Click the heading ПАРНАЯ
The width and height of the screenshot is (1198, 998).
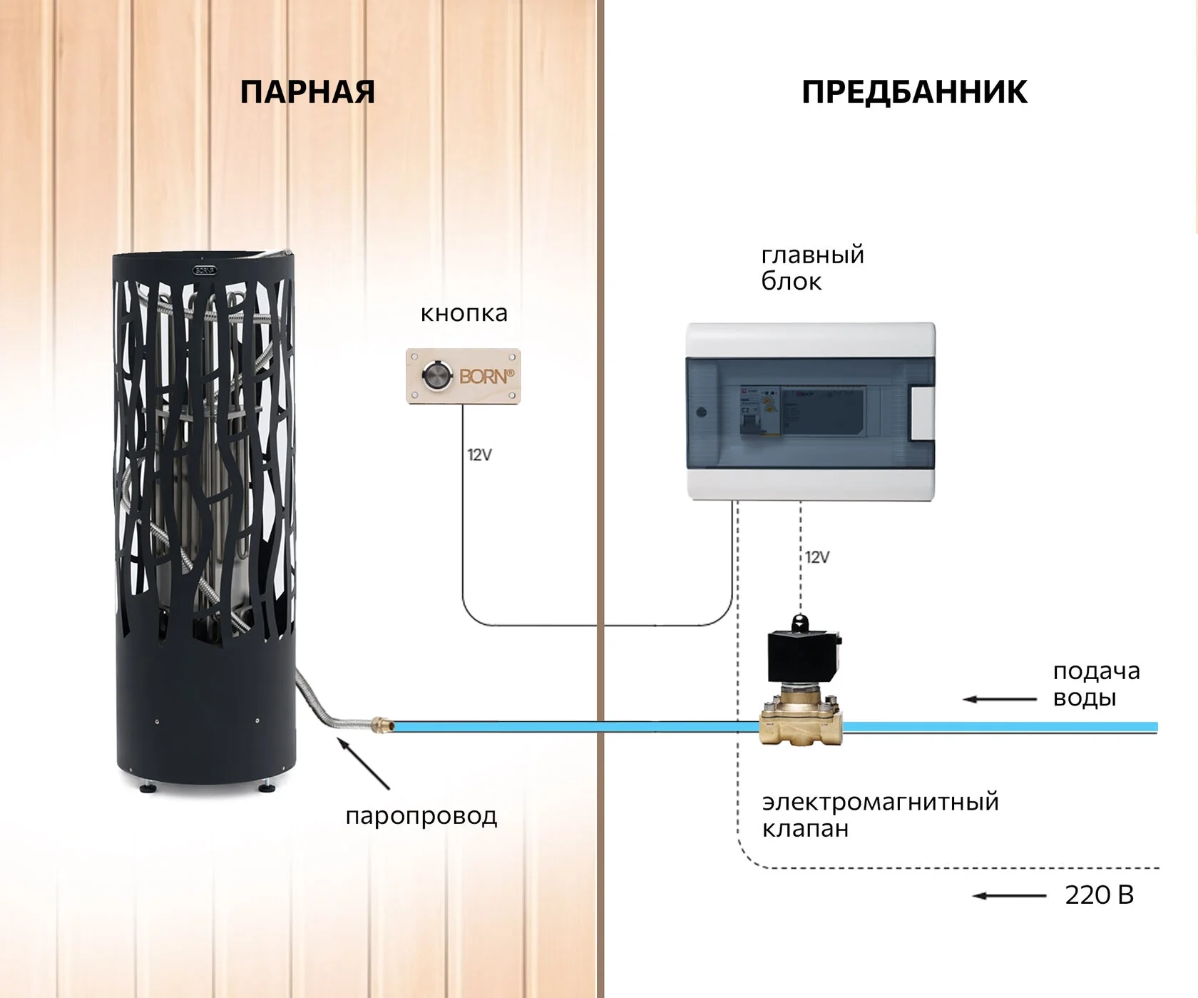click(307, 93)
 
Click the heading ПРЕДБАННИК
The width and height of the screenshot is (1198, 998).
click(914, 93)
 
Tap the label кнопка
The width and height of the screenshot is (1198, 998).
click(464, 313)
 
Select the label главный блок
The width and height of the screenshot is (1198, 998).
click(812, 268)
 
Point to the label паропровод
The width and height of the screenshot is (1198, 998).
click(421, 815)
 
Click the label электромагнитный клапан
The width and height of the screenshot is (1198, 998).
click(880, 815)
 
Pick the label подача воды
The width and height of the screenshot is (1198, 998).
click(1096, 684)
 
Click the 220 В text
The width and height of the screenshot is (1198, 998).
click(1099, 895)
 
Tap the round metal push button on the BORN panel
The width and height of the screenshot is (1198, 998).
click(436, 376)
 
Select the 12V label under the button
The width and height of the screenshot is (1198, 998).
click(479, 454)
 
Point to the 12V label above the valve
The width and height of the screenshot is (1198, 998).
click(817, 557)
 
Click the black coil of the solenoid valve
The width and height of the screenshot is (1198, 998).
click(802, 654)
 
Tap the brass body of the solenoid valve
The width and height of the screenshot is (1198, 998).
click(801, 721)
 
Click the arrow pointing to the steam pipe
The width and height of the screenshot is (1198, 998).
click(363, 764)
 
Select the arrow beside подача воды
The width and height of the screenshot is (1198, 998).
click(999, 699)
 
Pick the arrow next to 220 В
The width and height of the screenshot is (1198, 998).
click(1009, 896)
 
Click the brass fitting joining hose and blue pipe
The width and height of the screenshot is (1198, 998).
click(383, 726)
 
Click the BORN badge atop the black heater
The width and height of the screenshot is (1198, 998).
click(205, 270)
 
